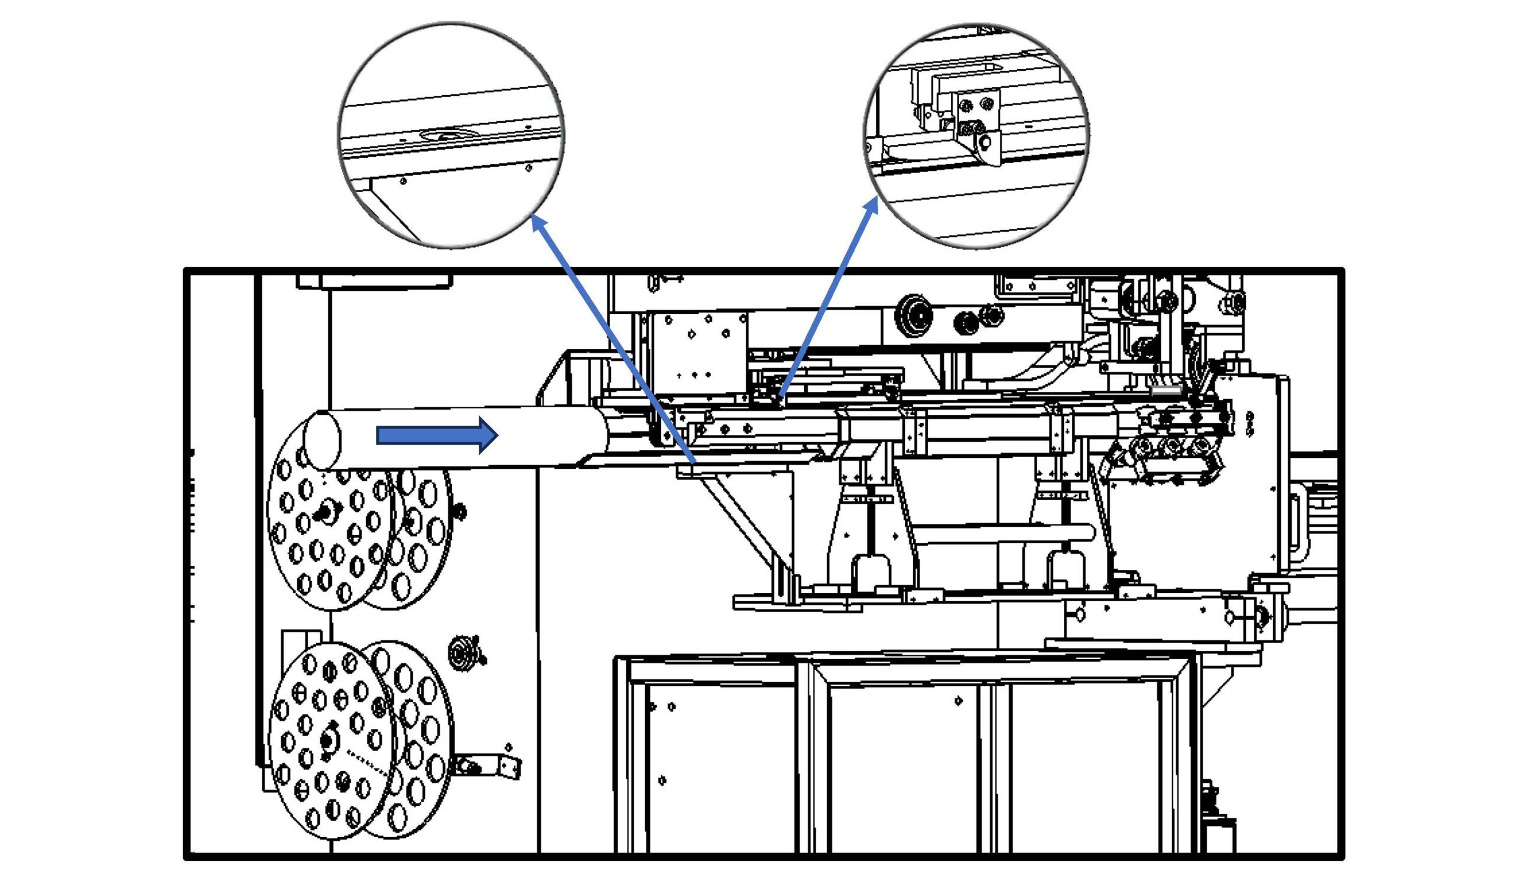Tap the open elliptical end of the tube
322,440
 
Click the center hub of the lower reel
327,741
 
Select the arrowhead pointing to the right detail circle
873,203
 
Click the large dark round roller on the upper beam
913,313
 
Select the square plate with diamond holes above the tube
697,354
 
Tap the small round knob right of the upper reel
460,512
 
